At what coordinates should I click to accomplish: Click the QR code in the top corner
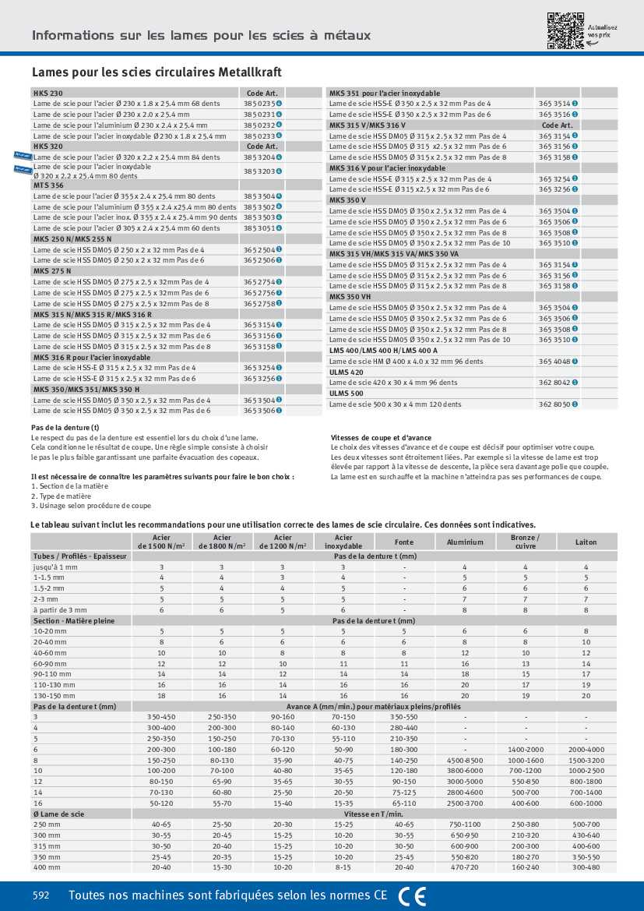point(565,31)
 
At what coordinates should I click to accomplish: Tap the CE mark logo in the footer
point(412,896)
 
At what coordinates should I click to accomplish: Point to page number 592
point(41,896)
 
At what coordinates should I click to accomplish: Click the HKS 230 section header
point(43,92)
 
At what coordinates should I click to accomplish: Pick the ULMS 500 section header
point(346,394)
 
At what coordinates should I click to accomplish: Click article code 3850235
point(258,103)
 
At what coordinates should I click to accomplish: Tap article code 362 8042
point(554,383)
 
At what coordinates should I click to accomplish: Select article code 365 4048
point(554,362)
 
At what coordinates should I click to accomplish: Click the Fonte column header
point(404,542)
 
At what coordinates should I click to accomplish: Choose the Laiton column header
point(586,542)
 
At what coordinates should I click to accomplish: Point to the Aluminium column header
point(465,542)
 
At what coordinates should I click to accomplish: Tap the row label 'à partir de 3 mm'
point(59,609)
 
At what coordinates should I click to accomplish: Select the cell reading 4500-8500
point(465,759)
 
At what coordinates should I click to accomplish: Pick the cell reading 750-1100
point(465,824)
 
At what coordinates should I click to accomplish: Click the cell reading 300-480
point(586,867)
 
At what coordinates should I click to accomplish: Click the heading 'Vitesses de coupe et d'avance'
point(381,438)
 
